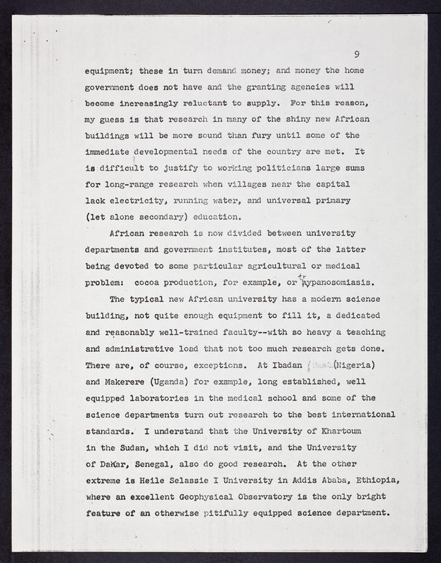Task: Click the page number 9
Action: pyautogui.click(x=357, y=54)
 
